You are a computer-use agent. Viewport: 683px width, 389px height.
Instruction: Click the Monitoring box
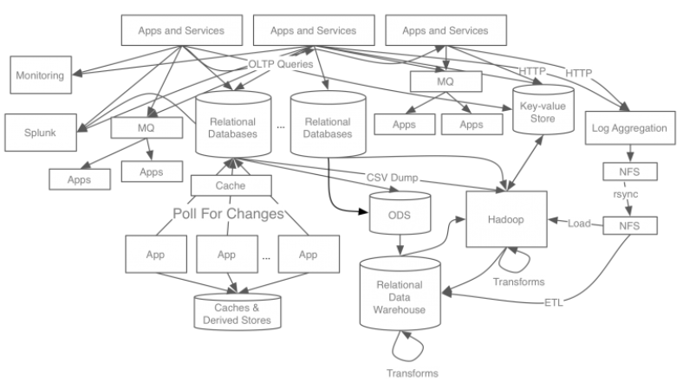(x=41, y=75)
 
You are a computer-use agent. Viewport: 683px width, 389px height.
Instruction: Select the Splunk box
(x=41, y=133)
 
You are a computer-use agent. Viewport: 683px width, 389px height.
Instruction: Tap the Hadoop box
(x=506, y=219)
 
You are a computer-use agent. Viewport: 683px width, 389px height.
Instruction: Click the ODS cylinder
(x=400, y=213)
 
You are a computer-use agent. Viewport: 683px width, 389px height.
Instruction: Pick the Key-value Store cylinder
(x=543, y=109)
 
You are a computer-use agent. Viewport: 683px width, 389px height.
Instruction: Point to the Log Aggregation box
(x=630, y=128)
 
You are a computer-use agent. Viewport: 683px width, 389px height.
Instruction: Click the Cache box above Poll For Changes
(x=231, y=185)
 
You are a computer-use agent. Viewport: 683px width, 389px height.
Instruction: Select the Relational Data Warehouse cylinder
(x=400, y=294)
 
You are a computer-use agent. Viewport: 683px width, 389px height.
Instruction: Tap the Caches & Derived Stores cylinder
(x=237, y=312)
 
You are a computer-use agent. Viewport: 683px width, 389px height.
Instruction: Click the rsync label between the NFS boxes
(x=626, y=194)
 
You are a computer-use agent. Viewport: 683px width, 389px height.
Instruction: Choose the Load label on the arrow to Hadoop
(x=579, y=224)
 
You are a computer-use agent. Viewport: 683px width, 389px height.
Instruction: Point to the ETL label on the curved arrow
(x=554, y=302)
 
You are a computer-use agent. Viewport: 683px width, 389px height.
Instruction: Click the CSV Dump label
(x=392, y=178)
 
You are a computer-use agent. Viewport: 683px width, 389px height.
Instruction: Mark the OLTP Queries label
(x=281, y=64)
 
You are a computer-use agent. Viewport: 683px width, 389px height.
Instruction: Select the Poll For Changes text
(x=228, y=213)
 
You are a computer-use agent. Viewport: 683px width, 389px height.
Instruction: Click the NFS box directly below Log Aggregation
(x=630, y=172)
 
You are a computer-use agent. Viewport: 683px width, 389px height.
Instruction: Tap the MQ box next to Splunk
(x=146, y=127)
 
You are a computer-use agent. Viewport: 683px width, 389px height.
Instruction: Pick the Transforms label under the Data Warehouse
(x=412, y=373)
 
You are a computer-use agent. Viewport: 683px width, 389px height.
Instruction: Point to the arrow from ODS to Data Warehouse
(x=400, y=245)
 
